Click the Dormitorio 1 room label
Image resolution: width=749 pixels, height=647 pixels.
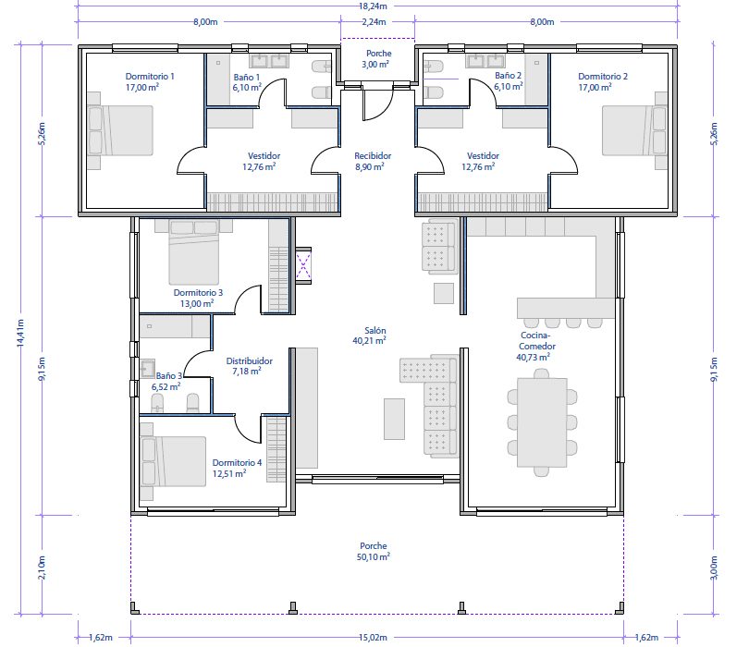(150, 77)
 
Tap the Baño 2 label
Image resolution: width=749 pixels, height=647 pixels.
(508, 76)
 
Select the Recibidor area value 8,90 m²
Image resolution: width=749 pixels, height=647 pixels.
(370, 166)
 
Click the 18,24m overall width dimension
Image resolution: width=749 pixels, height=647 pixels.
(373, 6)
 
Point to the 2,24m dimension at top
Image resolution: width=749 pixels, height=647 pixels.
(374, 22)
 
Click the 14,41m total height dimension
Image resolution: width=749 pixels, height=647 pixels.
(20, 333)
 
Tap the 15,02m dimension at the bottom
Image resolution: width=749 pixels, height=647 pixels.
(373, 638)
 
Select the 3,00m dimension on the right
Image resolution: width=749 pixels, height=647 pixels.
(714, 568)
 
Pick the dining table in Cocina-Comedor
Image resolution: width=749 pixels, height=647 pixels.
(542, 422)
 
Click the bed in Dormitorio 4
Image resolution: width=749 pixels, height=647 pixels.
(173, 461)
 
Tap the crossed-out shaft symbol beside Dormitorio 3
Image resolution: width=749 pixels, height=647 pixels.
(304, 266)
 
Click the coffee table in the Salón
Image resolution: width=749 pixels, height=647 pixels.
(394, 419)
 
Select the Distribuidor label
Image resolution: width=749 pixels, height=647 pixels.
(250, 361)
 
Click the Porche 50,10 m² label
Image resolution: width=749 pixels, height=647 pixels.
(374, 551)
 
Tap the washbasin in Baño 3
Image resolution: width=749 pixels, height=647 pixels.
(148, 369)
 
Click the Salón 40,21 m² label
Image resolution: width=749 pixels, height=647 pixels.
(370, 336)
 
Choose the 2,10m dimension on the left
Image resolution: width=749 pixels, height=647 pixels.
(42, 568)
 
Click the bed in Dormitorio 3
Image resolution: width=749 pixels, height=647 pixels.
(194, 252)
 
